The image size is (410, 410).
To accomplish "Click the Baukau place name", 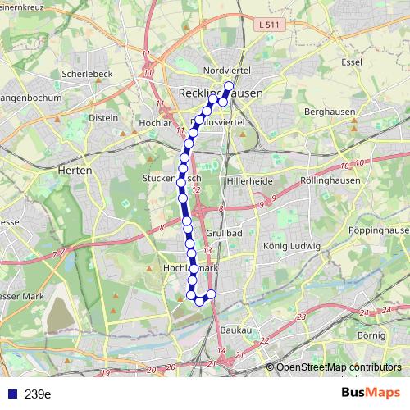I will tap(236, 330).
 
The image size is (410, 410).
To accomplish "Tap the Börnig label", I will tap(371, 336).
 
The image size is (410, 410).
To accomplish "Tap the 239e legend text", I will tap(38, 394).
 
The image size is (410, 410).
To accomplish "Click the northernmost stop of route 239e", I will tap(229, 87).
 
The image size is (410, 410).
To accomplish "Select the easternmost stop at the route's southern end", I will tap(211, 294).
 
